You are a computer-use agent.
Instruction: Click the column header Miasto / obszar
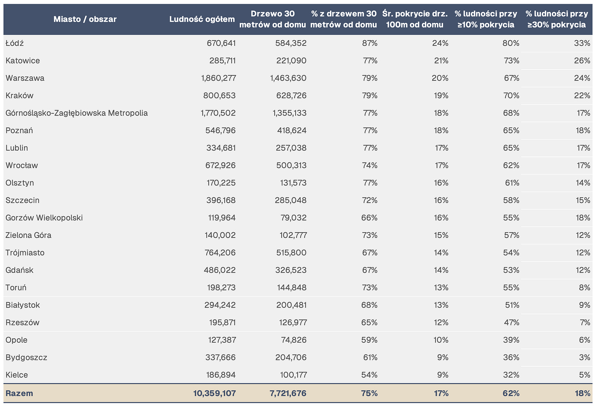point(85,19)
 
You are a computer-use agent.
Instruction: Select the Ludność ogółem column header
point(202,19)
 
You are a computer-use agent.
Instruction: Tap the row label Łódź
point(15,43)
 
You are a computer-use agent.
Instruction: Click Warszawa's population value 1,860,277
point(219,78)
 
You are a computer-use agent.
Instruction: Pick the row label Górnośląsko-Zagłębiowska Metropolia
point(77,113)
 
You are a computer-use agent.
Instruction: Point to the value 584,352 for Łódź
point(291,43)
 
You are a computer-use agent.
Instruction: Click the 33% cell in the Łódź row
point(582,43)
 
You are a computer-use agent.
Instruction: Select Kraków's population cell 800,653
point(219,95)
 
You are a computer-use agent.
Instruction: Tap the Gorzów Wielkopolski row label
point(44,218)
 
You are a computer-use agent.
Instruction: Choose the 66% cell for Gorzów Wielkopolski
point(369,218)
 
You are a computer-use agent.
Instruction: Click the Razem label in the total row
point(19,393)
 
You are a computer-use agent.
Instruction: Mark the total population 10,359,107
point(214,393)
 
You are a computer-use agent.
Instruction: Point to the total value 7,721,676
point(288,393)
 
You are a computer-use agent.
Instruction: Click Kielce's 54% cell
point(369,375)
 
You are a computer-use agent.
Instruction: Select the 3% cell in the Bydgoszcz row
point(585,357)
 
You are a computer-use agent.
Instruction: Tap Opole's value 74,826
point(294,340)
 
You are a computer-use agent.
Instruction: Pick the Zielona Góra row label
point(28,235)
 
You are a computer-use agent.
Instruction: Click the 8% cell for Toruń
point(585,288)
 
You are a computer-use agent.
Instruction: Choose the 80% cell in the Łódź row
point(511,43)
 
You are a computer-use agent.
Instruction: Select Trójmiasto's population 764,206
point(220,253)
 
